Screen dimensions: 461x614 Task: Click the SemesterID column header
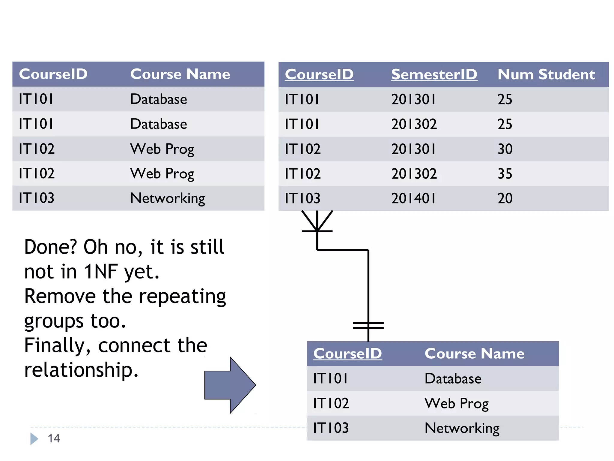click(x=434, y=74)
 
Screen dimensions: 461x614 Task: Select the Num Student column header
click(x=546, y=74)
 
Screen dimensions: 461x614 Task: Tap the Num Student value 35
click(x=505, y=174)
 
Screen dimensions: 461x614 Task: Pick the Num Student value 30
click(x=505, y=149)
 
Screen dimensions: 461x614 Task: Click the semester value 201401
click(x=413, y=198)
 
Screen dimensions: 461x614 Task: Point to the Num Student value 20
click(x=505, y=198)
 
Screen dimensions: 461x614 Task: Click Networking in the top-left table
click(x=167, y=198)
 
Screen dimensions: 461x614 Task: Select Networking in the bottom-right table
click(x=462, y=428)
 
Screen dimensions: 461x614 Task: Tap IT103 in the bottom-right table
click(x=331, y=428)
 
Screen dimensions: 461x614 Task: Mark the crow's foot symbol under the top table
click(x=317, y=222)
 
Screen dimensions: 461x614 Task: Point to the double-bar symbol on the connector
click(x=368, y=325)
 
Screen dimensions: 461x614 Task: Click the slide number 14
click(x=54, y=438)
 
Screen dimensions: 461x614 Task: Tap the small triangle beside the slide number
click(x=34, y=439)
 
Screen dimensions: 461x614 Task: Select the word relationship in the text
click(x=81, y=370)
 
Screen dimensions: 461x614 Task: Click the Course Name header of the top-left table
click(x=180, y=74)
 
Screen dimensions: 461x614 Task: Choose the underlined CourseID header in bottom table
click(x=347, y=354)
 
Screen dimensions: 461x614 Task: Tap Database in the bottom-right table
click(x=453, y=378)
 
